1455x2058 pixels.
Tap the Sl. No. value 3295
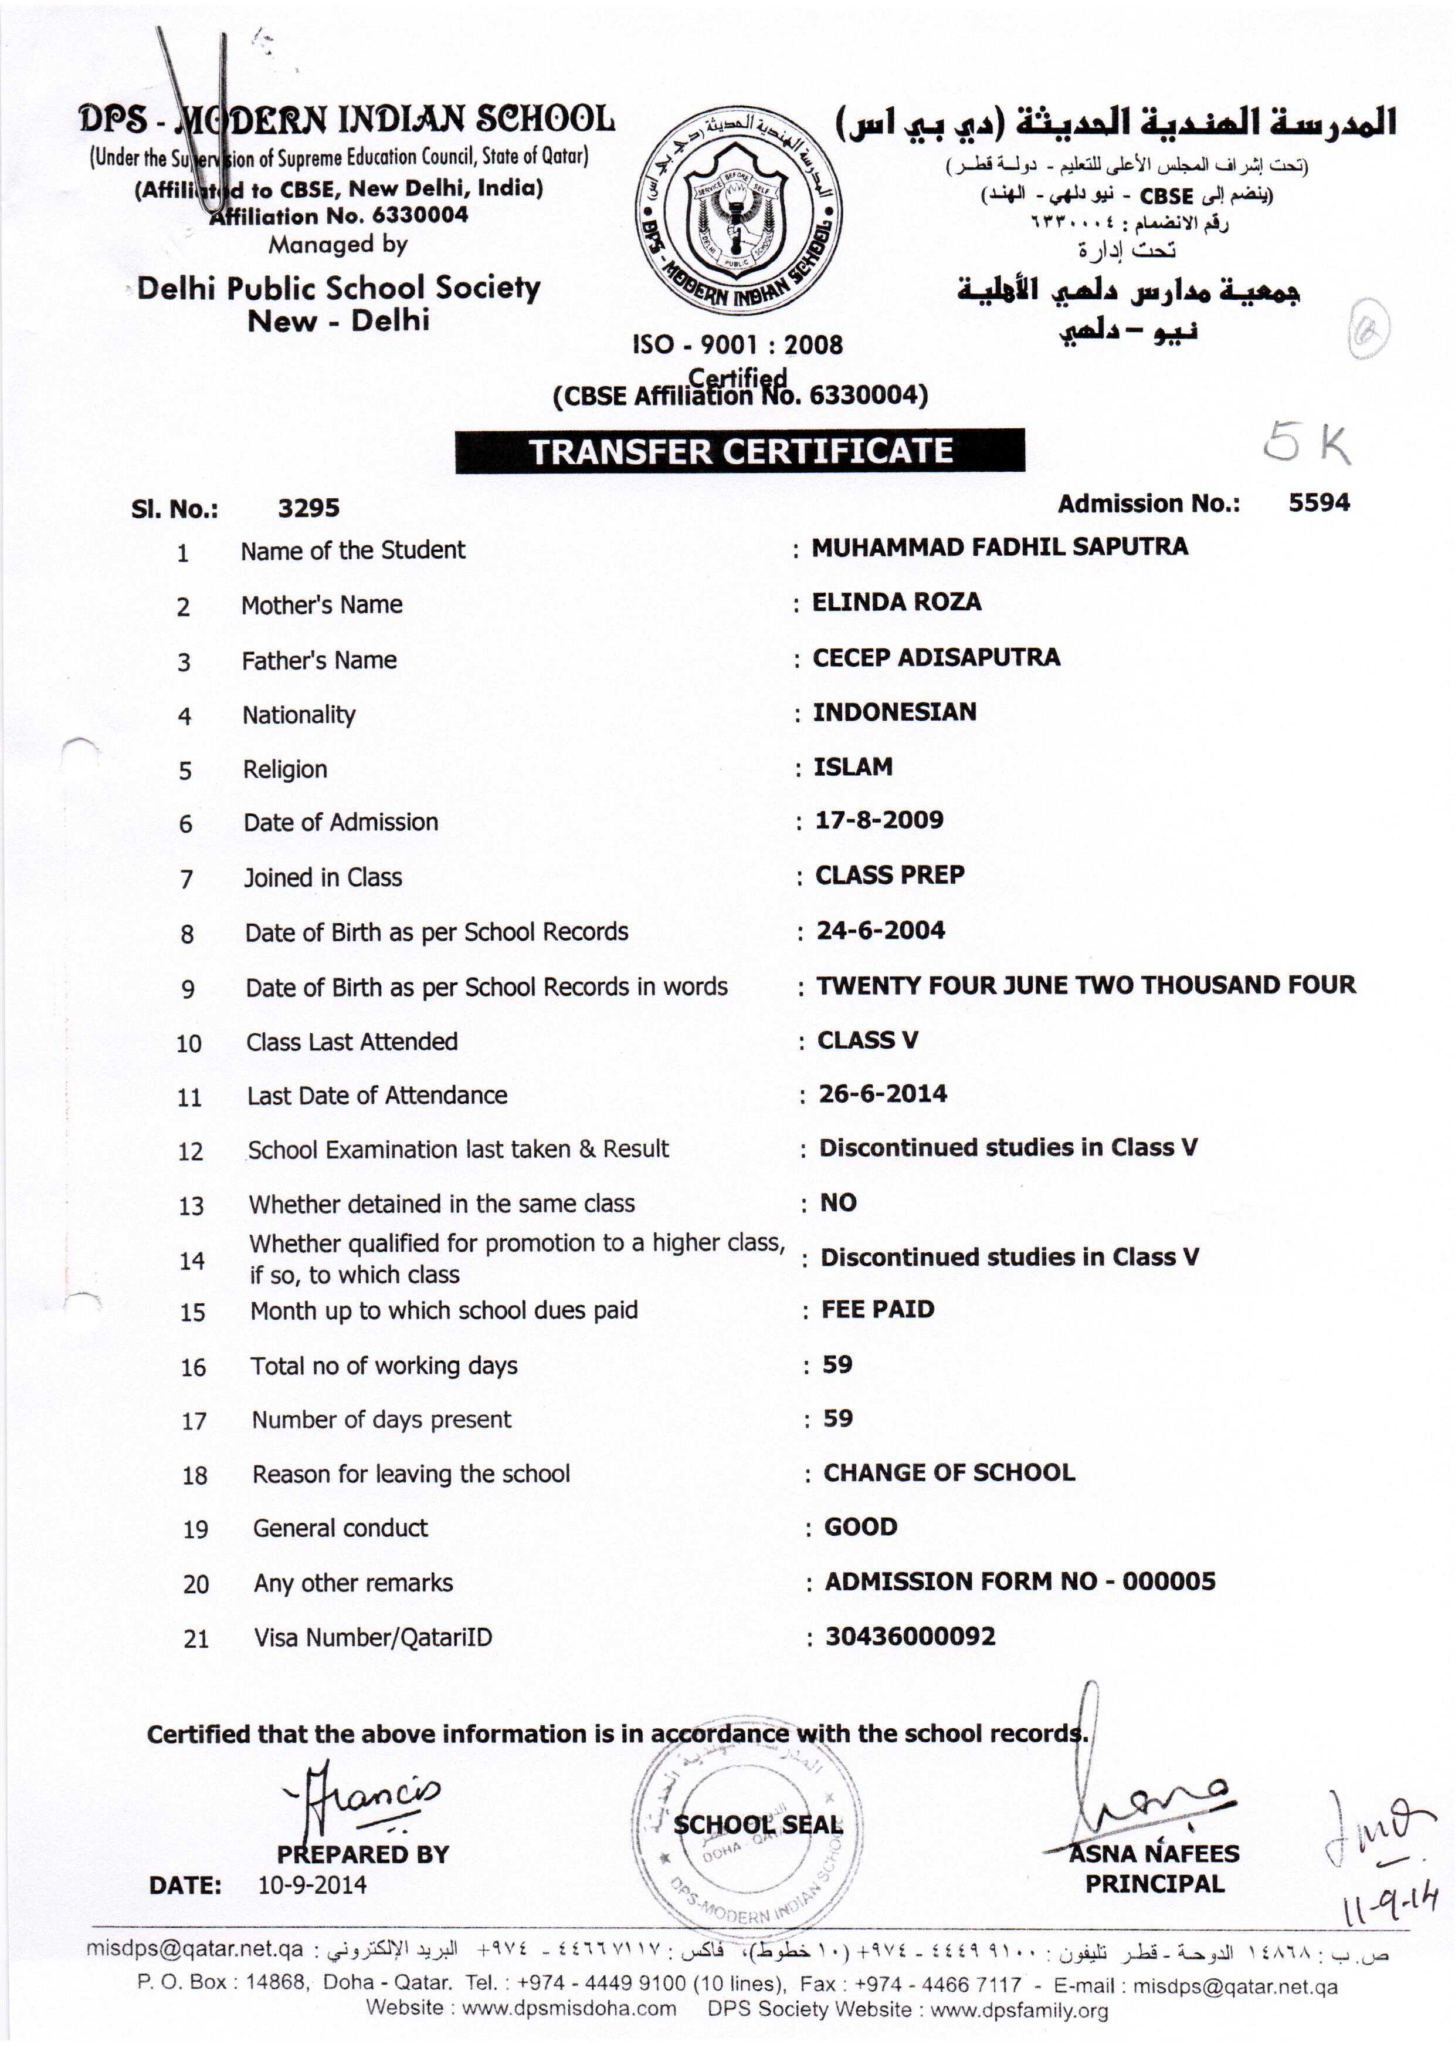308,508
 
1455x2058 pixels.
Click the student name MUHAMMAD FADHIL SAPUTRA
1000,547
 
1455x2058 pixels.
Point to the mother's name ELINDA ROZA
896,602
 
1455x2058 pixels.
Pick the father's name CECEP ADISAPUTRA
936,657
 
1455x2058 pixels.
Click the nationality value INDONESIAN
894,712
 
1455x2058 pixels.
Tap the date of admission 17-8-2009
879,820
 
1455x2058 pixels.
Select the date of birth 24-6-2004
881,930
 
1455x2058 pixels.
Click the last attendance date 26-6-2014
883,1093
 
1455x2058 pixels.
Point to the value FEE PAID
878,1310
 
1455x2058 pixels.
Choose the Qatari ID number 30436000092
910,1636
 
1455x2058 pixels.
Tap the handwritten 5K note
1307,445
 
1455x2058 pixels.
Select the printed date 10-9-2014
313,1885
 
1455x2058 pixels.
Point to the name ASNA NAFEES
1154,1854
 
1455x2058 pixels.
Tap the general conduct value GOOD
860,1526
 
